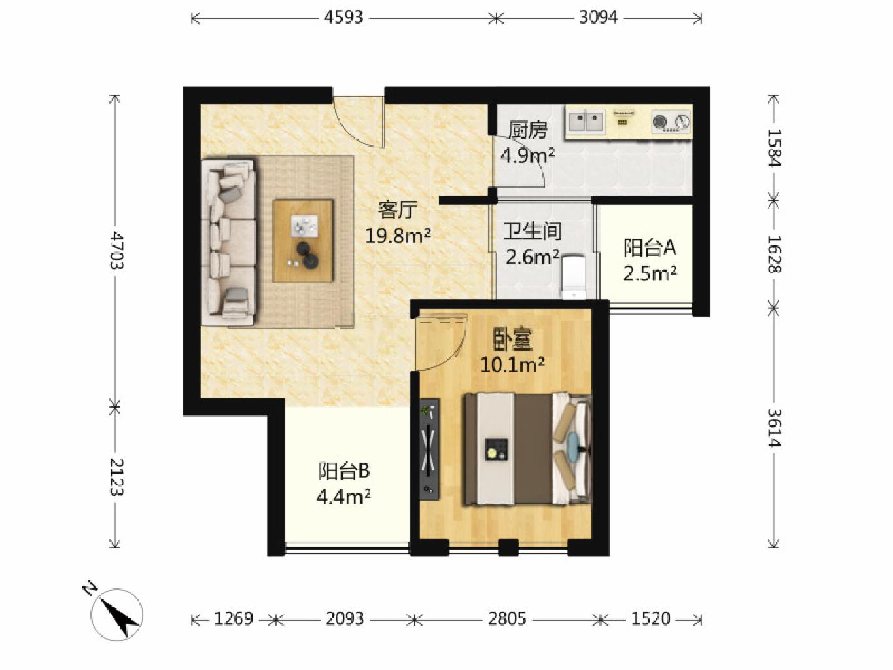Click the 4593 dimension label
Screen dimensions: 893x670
point(343,18)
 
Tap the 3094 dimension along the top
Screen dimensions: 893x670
point(599,18)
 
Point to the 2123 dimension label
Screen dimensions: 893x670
point(116,477)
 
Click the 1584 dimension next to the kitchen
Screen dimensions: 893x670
point(774,147)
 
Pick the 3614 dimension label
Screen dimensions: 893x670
point(774,427)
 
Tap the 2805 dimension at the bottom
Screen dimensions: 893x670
point(507,619)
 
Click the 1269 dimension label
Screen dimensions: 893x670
point(234,619)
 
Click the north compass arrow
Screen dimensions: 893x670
point(117,614)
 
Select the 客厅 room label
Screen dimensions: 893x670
point(398,210)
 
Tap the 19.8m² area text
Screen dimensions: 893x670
point(398,236)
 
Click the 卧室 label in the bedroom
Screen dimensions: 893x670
point(513,340)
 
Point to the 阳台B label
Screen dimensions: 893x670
point(343,471)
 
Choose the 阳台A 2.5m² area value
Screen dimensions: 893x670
point(650,273)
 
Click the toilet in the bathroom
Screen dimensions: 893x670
point(574,277)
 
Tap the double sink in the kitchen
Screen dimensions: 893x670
point(586,121)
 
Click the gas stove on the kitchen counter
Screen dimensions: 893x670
point(671,122)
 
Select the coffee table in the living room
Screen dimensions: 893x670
point(303,240)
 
